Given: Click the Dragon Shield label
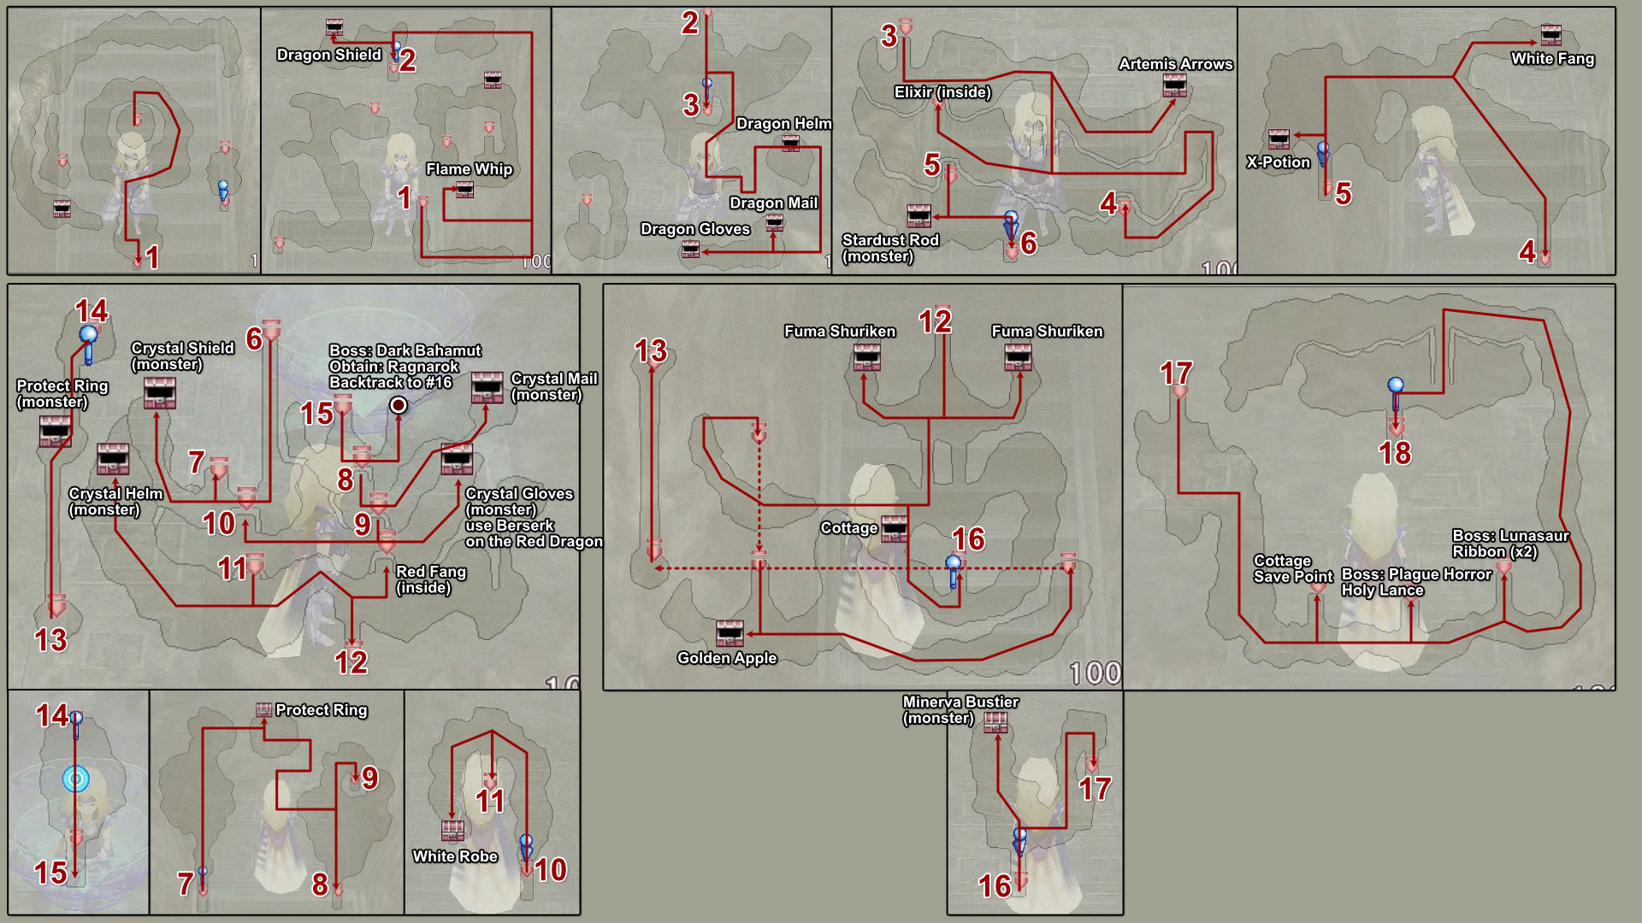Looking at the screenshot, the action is point(328,55).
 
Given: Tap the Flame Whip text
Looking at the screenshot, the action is point(469,169).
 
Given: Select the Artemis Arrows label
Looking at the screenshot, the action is point(1175,64).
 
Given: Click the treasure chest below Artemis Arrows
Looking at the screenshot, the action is point(1174,85).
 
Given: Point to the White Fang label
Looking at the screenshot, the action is point(1552,59).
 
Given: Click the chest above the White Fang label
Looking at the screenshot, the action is point(1550,35).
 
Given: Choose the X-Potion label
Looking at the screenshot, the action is point(1278,162).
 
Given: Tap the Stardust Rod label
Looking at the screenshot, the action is point(890,240).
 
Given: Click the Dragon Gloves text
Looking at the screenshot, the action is point(694,229).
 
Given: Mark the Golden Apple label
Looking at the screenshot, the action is point(726,658).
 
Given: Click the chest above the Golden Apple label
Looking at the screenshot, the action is point(729,633).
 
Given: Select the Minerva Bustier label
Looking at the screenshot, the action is point(960,702).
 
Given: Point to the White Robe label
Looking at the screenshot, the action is point(454,856).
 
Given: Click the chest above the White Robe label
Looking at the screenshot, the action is point(452,830).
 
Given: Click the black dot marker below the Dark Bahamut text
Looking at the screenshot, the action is point(399,405).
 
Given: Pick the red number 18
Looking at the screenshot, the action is point(1395,453).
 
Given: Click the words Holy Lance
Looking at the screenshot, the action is point(1382,591).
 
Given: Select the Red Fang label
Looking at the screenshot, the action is point(430,572).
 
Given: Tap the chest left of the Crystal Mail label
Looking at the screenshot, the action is point(487,387).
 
